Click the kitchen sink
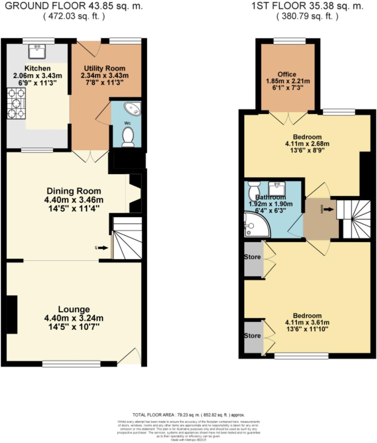click(x=37, y=52)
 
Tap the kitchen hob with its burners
click(x=16, y=104)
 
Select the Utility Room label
click(x=104, y=68)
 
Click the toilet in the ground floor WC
click(x=128, y=138)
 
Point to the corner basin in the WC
click(x=133, y=109)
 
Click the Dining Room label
click(x=74, y=191)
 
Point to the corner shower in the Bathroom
click(x=256, y=225)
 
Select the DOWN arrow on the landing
click(x=328, y=209)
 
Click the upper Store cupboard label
click(x=252, y=257)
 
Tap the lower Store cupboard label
click(x=252, y=336)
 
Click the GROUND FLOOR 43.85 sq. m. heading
click(x=74, y=6)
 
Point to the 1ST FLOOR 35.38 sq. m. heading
click(x=307, y=6)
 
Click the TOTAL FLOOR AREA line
click(x=188, y=415)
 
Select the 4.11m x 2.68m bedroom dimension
click(x=307, y=144)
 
